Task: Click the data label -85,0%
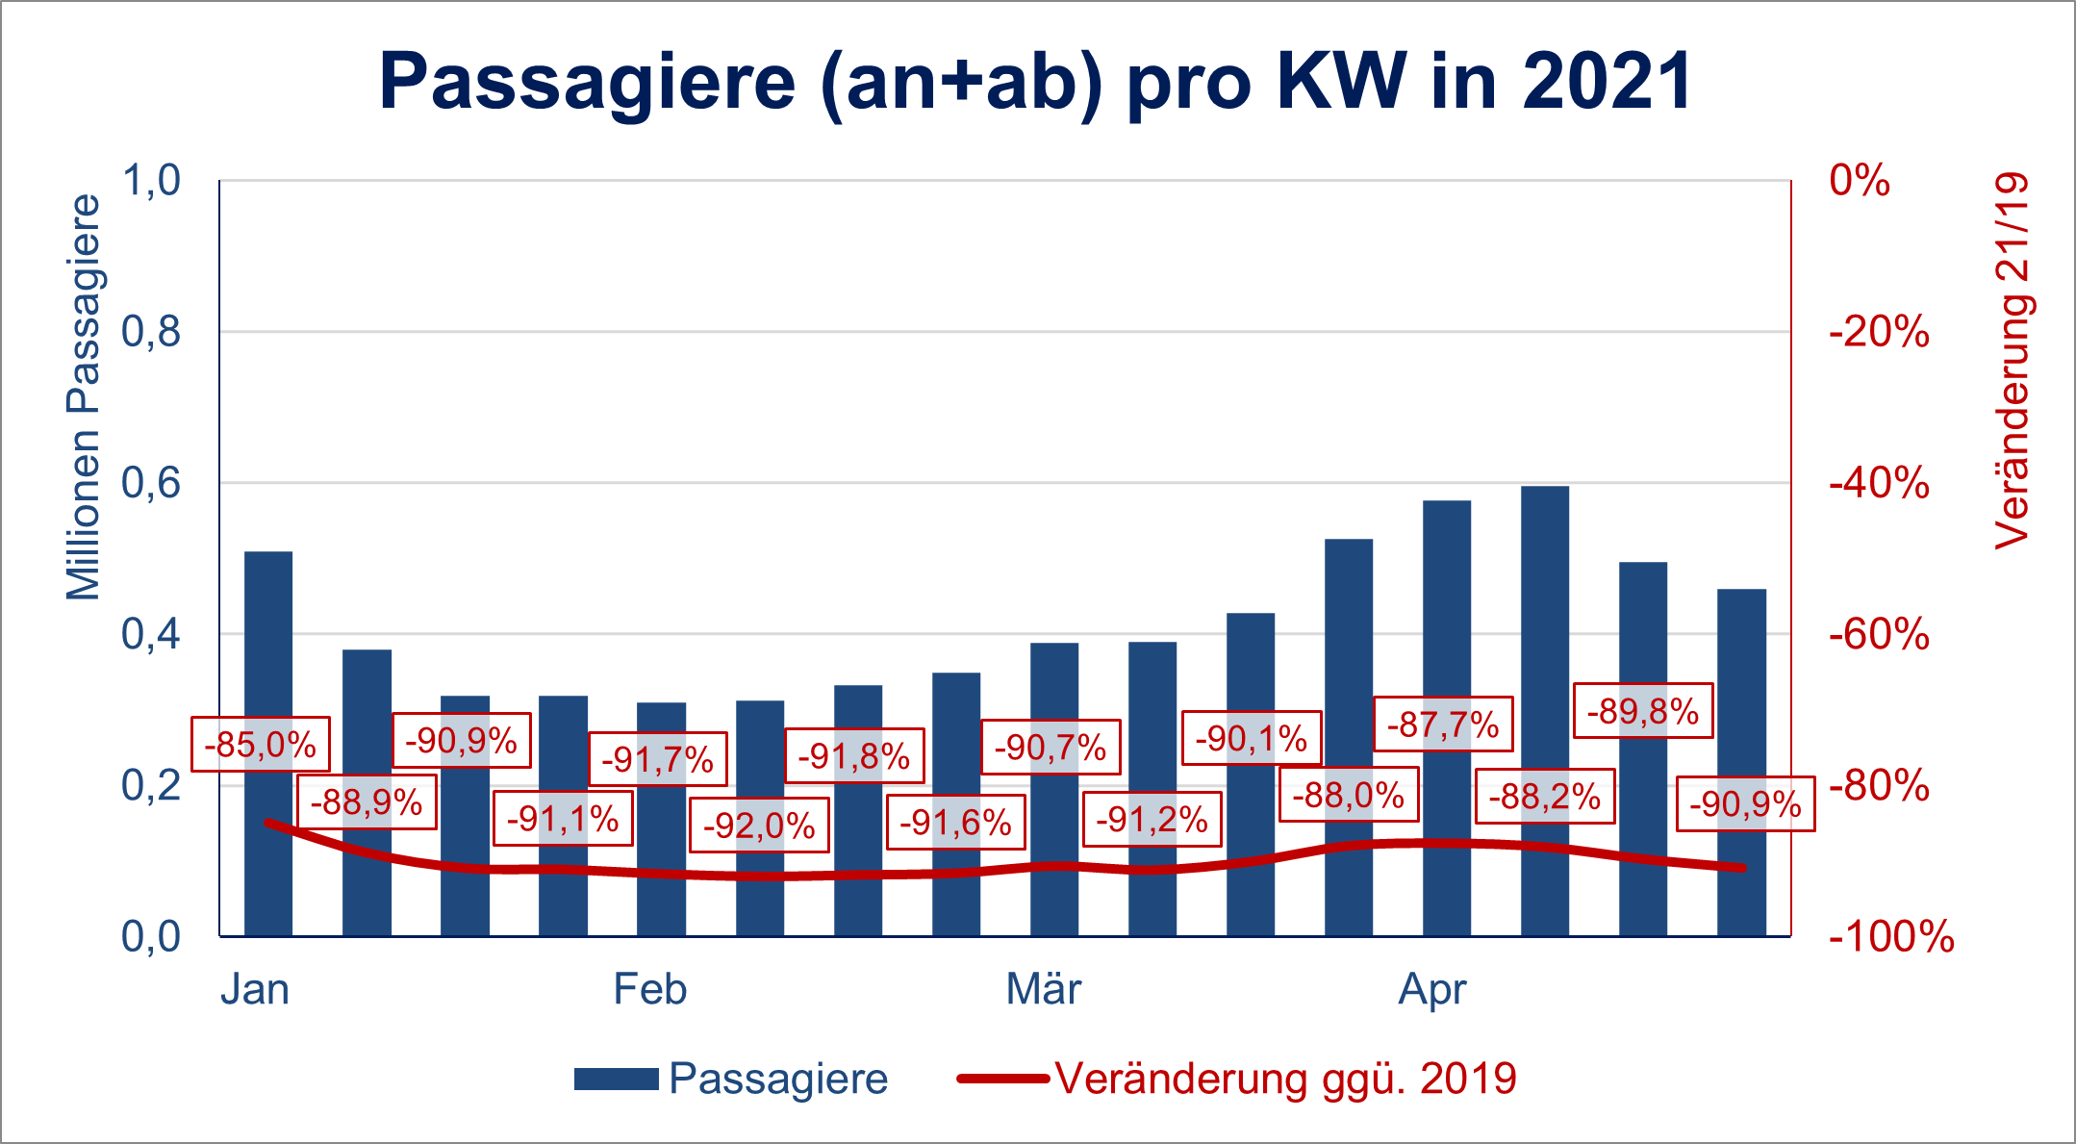(x=261, y=745)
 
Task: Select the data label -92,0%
(x=759, y=826)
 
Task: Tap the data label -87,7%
(x=1443, y=725)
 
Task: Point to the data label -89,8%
(x=1643, y=711)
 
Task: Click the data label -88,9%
(x=367, y=801)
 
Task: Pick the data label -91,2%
(x=1152, y=819)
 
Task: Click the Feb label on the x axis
(x=650, y=989)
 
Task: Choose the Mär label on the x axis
(x=1043, y=989)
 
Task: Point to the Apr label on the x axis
(x=1432, y=989)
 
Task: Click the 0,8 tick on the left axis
(x=151, y=332)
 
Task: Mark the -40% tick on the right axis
(x=1879, y=483)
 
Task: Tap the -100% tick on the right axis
(x=1891, y=936)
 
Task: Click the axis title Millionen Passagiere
(x=85, y=396)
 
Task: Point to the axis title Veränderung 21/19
(x=2011, y=361)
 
